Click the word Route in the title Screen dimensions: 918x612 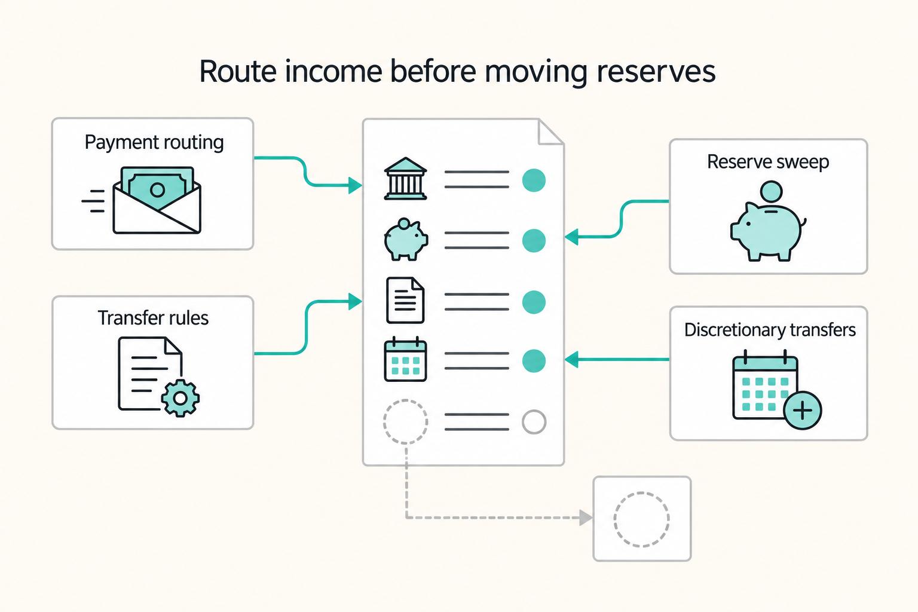click(x=238, y=71)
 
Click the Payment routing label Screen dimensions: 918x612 click(x=154, y=143)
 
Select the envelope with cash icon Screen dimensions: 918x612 click(x=157, y=200)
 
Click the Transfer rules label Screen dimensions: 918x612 click(x=153, y=318)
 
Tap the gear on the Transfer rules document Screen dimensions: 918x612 click(x=180, y=398)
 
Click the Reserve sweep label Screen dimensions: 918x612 click(x=768, y=162)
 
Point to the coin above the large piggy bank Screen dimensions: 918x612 click(x=771, y=192)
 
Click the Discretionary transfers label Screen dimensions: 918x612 click(x=770, y=330)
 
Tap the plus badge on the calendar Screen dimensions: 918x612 click(x=803, y=410)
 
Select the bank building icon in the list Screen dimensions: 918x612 click(x=405, y=179)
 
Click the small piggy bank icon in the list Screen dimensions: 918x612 click(x=406, y=240)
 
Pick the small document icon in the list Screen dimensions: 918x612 click(x=405, y=301)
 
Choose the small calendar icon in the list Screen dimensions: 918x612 click(x=405, y=360)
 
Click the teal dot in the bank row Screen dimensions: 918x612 click(x=534, y=180)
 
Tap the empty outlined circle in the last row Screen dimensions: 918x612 click(x=534, y=422)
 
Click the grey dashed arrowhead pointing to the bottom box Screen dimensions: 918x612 click(x=586, y=518)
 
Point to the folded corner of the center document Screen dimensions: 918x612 click(x=551, y=132)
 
